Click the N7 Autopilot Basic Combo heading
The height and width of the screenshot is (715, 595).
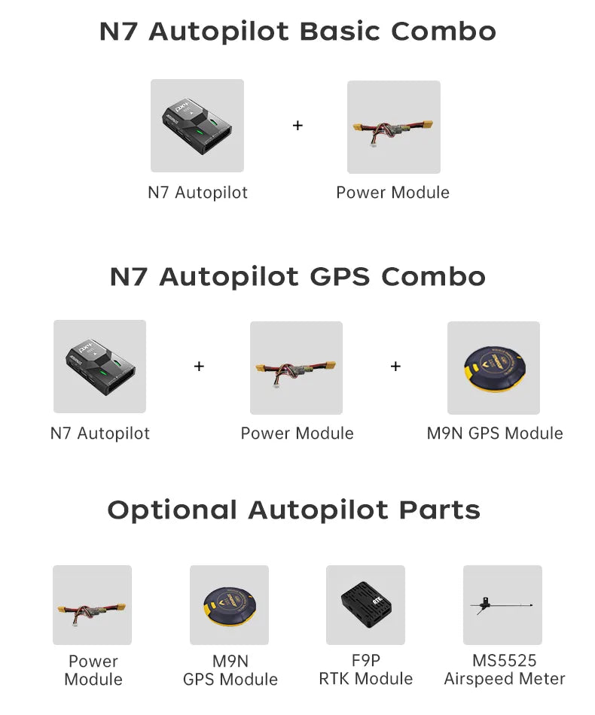[297, 32]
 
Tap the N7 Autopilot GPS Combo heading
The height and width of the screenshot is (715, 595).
[297, 276]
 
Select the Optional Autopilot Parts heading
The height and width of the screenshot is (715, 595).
[294, 510]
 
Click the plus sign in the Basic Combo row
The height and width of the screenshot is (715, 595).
[297, 126]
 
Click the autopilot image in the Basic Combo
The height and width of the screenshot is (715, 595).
[197, 126]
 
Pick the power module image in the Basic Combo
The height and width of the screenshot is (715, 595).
[393, 127]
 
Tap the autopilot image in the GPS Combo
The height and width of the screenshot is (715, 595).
[99, 367]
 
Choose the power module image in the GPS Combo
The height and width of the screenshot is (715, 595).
[296, 368]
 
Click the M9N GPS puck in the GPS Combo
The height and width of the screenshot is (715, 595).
[493, 368]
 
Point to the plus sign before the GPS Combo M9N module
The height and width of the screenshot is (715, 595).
[395, 367]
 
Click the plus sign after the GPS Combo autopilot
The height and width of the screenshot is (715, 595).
[199, 367]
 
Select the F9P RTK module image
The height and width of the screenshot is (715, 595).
[365, 604]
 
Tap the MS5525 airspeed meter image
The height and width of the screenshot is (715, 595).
[502, 604]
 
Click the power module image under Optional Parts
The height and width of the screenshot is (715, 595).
[92, 605]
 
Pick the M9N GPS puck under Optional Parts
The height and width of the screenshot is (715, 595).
[229, 604]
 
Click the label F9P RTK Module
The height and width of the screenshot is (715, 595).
[365, 670]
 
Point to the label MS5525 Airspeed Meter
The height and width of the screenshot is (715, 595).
[504, 670]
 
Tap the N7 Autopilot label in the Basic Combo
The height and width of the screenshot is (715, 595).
[197, 193]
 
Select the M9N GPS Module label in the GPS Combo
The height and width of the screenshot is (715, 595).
[495, 434]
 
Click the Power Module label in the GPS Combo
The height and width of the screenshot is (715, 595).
[297, 434]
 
